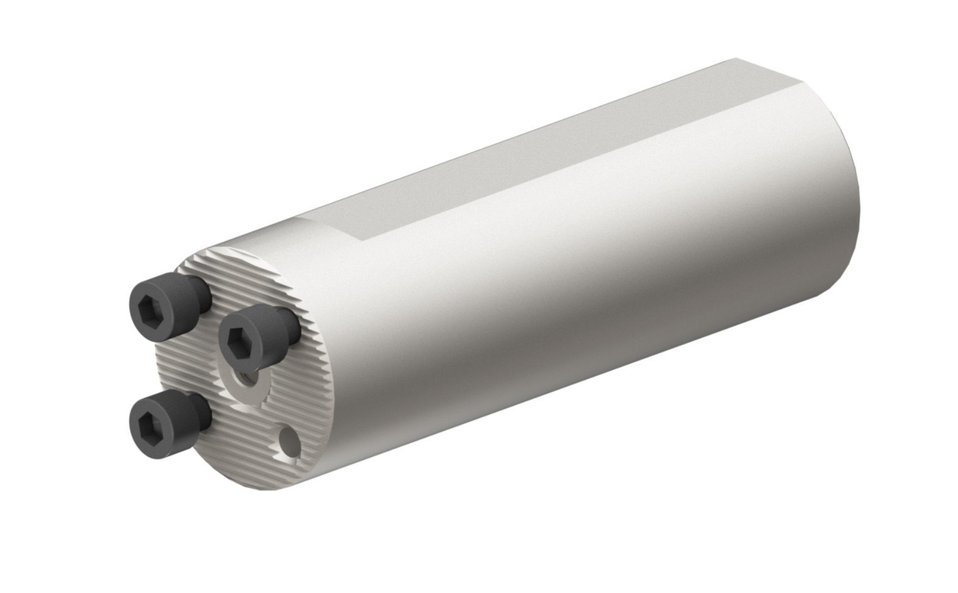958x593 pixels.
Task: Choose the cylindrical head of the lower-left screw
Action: (x=169, y=426)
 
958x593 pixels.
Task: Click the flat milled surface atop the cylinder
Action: (x=533, y=150)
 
